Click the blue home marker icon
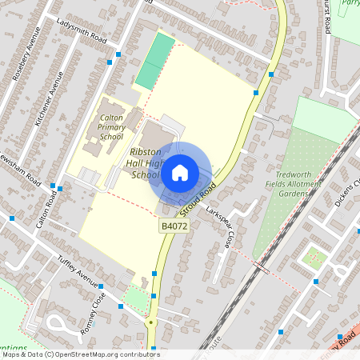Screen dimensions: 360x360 point(180,172)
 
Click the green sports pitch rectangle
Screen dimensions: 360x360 point(155,61)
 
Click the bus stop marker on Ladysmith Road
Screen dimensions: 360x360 point(119,54)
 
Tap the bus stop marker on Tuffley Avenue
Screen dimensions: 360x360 point(101,286)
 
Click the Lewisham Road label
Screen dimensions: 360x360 point(22,172)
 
